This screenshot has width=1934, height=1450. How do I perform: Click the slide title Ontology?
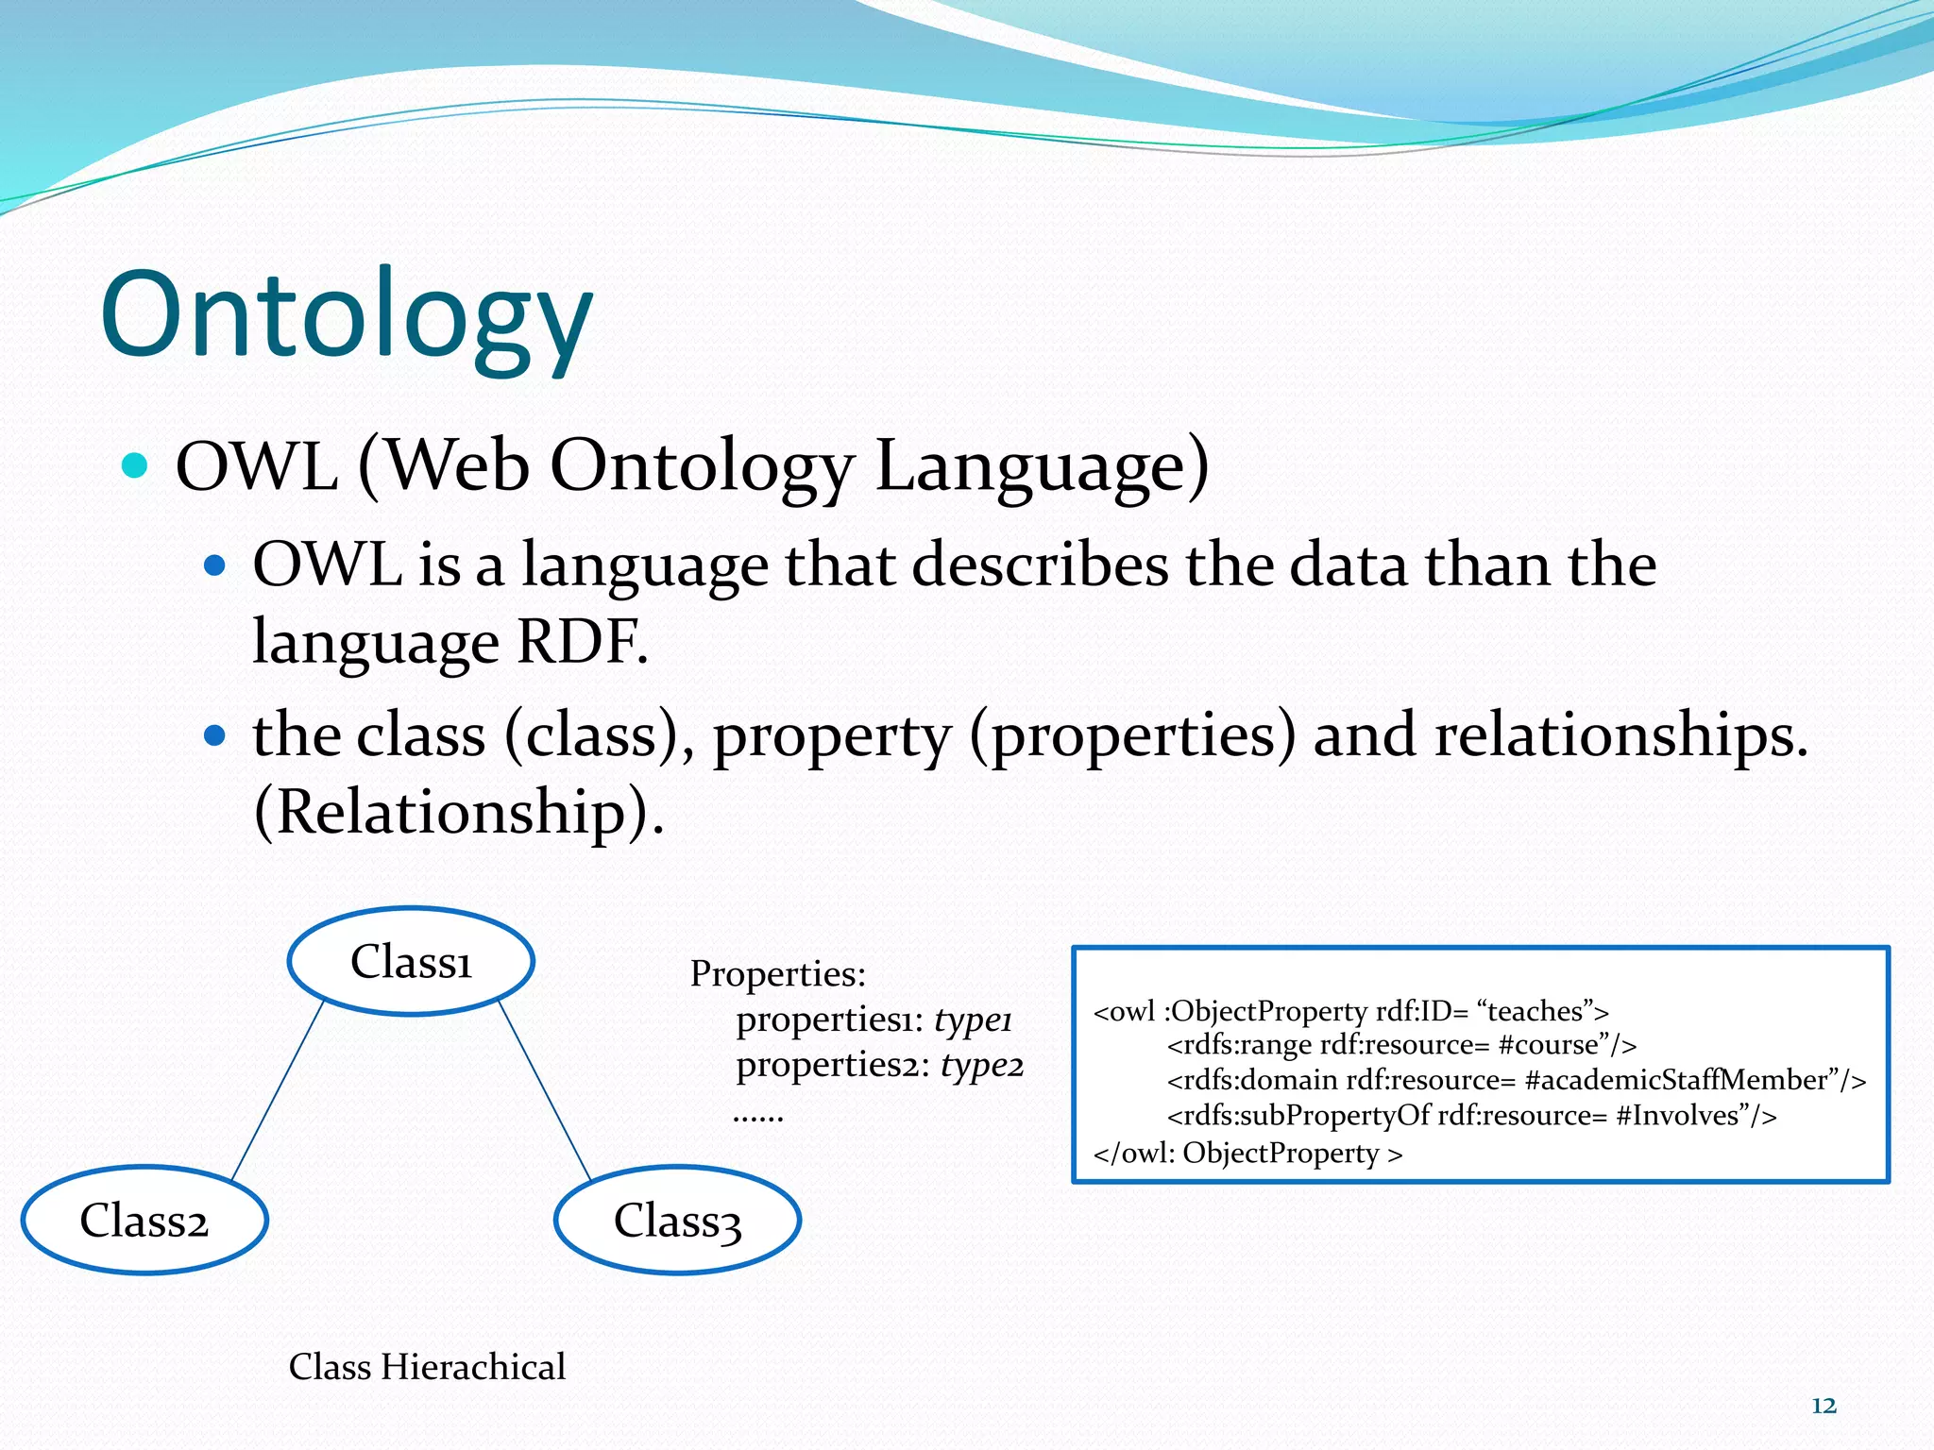pos(347,316)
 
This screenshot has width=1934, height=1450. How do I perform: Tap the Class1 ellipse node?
pos(411,962)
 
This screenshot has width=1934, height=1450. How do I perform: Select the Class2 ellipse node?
pos(144,1221)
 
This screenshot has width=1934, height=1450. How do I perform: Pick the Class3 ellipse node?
pos(677,1221)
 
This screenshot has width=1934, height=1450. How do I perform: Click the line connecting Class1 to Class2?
pos(278,1089)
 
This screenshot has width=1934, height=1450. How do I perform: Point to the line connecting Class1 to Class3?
pos(544,1089)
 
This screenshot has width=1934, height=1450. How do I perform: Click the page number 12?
pos(1824,1406)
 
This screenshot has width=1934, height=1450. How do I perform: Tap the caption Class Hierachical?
pos(427,1367)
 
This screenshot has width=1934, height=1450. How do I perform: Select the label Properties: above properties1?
pos(777,973)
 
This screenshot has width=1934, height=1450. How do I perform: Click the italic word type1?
pos(973,1020)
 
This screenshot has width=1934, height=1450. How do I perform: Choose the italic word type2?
pos(981,1065)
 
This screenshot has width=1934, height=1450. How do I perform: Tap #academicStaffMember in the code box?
pos(1677,1080)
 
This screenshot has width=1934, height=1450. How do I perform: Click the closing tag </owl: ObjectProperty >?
pos(1247,1154)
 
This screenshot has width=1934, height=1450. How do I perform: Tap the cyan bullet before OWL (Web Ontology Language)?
pos(136,465)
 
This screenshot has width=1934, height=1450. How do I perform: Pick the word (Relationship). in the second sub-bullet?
pos(459,812)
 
